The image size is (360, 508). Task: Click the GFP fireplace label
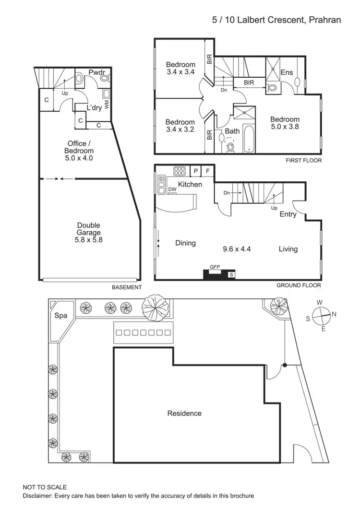tap(214, 267)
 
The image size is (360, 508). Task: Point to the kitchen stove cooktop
tap(180, 171)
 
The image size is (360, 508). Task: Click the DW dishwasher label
tap(172, 190)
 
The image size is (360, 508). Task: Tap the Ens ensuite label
tap(287, 72)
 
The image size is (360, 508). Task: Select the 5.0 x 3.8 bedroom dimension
tap(285, 128)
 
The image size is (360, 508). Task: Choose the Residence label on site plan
tap(184, 413)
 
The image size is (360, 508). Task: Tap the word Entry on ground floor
tap(288, 214)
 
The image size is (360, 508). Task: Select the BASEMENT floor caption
tap(127, 287)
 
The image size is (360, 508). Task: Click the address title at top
tap(276, 20)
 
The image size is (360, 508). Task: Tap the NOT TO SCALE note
tap(45, 487)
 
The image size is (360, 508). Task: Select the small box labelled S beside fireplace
tap(231, 274)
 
